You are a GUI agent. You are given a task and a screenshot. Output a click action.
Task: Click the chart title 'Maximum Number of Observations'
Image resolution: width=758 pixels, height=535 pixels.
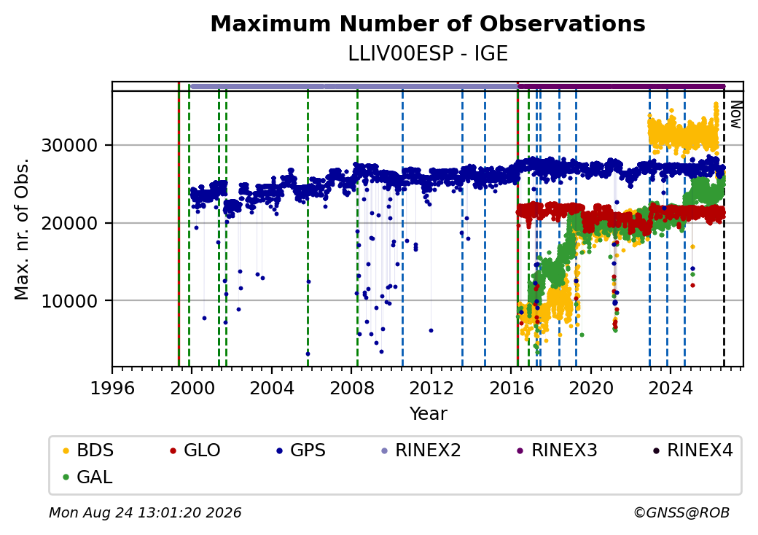(x=428, y=23)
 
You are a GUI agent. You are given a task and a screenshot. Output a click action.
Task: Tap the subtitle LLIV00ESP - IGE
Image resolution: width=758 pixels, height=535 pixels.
(x=428, y=54)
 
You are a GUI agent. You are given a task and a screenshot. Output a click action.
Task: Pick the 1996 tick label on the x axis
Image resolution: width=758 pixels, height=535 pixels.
(x=112, y=388)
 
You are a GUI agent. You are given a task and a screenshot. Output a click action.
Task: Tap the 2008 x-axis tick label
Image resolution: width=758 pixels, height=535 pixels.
(x=352, y=388)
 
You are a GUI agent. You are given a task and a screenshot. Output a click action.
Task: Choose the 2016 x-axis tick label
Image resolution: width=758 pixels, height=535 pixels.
(x=512, y=388)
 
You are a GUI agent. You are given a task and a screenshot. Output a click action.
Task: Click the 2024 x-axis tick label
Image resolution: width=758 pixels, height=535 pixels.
(x=671, y=388)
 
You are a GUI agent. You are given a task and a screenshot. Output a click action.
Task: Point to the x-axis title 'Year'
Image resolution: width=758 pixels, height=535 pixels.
(x=428, y=414)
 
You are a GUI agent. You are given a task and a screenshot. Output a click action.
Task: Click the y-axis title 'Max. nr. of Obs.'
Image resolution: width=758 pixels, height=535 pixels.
(x=22, y=229)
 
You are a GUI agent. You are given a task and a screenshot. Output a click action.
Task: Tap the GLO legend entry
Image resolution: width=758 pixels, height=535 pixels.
(x=195, y=450)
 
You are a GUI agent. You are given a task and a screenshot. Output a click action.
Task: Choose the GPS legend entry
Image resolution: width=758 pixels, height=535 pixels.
(x=301, y=450)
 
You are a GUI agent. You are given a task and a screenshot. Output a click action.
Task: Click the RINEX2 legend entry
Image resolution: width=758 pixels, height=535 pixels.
(x=421, y=450)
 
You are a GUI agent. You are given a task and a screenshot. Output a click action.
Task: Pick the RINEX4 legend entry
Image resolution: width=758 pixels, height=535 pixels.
(x=693, y=450)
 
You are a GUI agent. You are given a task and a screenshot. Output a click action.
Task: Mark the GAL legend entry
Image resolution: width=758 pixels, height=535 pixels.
(x=87, y=477)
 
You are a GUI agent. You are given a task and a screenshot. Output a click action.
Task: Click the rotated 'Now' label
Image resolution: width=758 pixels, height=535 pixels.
(x=735, y=114)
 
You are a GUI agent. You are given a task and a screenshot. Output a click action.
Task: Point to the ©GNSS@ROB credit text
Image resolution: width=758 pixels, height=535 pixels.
(x=681, y=512)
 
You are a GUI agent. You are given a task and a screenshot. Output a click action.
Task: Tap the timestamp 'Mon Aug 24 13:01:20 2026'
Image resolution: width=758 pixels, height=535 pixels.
(x=145, y=512)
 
